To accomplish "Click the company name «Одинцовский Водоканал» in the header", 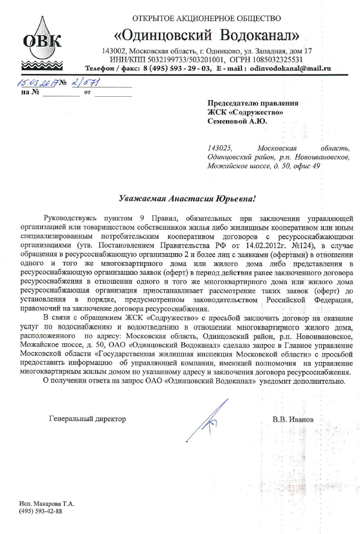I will point(206,36).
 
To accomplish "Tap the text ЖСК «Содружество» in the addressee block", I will point(245,111).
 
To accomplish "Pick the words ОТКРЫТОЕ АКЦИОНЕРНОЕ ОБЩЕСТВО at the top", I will point(206,18).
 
